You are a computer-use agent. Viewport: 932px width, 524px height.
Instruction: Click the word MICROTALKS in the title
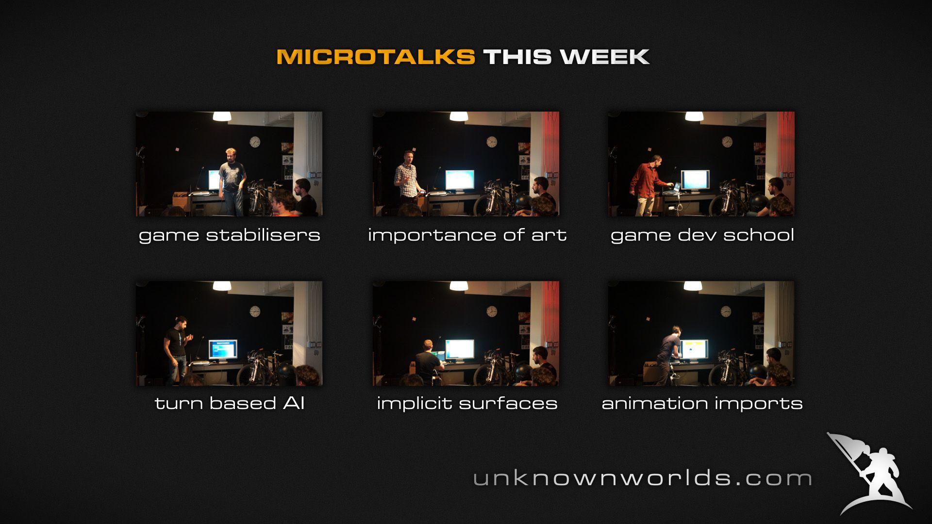tap(375, 57)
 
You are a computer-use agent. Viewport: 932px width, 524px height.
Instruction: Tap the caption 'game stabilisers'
tap(229, 235)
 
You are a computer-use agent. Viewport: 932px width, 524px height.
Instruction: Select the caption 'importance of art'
tap(467, 235)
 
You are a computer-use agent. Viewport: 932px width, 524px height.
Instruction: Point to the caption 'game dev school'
tap(702, 235)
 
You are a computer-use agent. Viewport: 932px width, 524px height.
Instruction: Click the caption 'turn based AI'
tap(229, 404)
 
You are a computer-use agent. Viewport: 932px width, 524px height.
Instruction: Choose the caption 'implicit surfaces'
tap(467, 404)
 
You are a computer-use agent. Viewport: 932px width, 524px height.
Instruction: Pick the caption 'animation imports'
tap(702, 404)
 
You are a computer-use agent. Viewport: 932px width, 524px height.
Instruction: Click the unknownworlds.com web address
tap(642, 478)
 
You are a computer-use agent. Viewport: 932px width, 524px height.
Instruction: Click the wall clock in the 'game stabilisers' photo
tap(255, 142)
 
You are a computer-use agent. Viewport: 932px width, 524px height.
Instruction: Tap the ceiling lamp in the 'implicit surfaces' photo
tap(458, 286)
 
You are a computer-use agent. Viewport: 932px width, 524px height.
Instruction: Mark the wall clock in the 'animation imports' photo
tap(726, 311)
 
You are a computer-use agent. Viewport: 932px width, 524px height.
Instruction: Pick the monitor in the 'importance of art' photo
tap(459, 180)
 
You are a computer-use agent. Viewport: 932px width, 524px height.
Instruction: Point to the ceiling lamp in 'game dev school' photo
tap(694, 116)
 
